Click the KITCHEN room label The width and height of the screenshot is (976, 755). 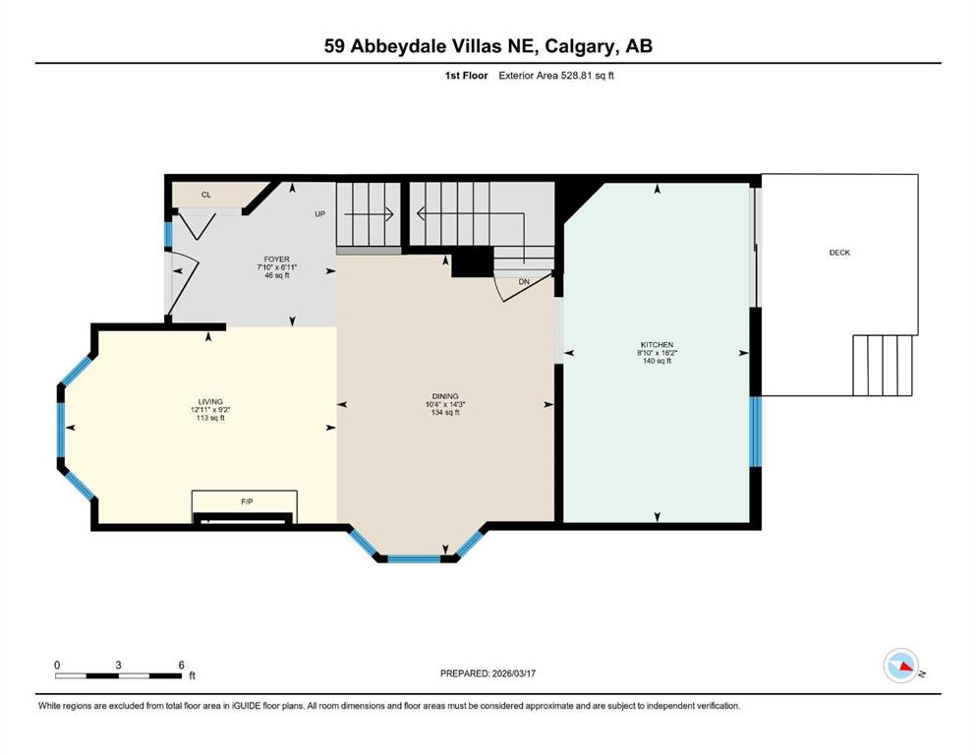coord(657,345)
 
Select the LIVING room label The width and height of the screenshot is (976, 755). coord(208,401)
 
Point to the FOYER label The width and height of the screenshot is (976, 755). coord(276,260)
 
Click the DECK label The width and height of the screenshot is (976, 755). coord(839,253)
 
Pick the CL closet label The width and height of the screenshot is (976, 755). coord(206,195)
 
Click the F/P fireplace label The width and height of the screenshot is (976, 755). coord(248,501)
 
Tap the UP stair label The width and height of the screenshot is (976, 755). coord(319,213)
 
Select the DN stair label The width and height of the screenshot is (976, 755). coord(524,282)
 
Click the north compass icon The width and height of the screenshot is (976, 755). coord(900,666)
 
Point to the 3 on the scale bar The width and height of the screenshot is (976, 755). coord(118,665)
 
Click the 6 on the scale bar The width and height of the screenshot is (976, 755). coord(181,665)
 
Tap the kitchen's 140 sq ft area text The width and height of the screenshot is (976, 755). coord(657,361)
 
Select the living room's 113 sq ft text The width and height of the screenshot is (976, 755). coord(208,418)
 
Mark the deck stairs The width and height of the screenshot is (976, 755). coord(885,365)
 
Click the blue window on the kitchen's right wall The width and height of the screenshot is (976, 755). coord(755,431)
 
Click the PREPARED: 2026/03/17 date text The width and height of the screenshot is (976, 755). coord(488,673)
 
